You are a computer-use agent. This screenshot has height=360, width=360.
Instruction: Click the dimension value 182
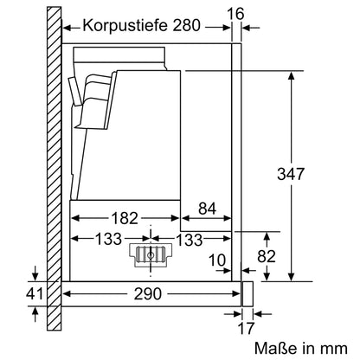125,218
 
